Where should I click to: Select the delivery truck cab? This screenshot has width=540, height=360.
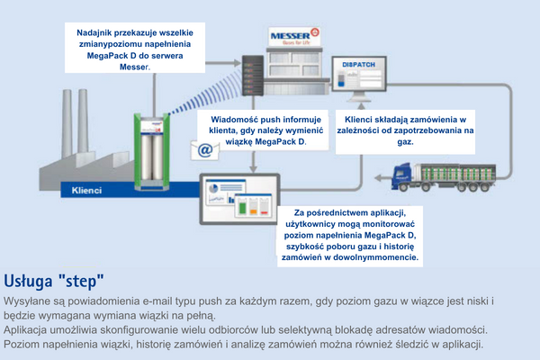[x=406, y=171]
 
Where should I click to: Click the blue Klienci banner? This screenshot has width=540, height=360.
[x=87, y=191]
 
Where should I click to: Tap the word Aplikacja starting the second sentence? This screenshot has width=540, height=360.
[x=32, y=328]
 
